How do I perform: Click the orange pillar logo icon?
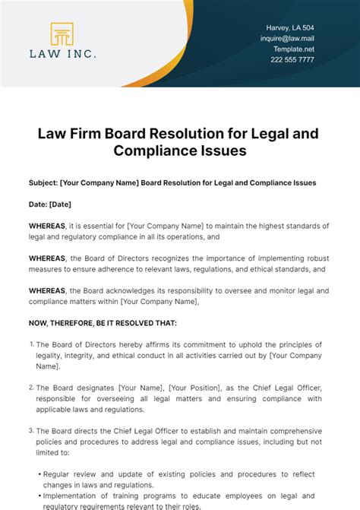coord(62,35)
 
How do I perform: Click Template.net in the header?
coord(293,49)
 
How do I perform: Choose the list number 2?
coord(32,387)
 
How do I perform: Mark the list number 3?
coord(32,430)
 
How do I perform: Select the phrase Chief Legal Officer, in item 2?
coord(285,388)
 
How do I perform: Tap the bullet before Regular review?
coord(38,474)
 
